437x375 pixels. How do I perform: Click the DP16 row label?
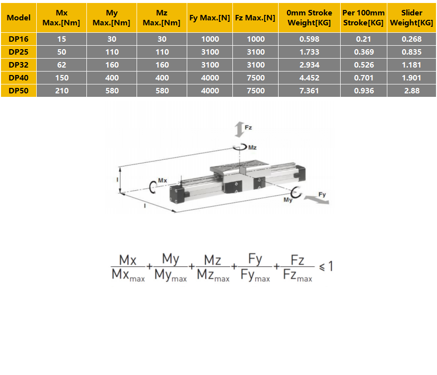[19, 39]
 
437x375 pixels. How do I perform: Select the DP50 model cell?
[19, 91]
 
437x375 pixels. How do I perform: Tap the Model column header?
[19, 17]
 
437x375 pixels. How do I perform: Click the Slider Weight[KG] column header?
[411, 17]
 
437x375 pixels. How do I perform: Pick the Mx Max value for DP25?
[62, 52]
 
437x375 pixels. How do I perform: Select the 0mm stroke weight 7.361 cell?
[309, 91]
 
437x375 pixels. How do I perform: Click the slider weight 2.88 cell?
[411, 91]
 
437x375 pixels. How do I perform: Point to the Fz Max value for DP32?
[255, 65]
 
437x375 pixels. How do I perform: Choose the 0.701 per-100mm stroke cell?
[364, 78]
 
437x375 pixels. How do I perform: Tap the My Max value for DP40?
[112, 78]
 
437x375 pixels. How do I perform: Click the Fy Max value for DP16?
[210, 39]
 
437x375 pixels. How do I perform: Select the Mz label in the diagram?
[252, 148]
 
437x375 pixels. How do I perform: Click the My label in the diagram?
[288, 199]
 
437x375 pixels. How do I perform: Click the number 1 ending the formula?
[331, 266]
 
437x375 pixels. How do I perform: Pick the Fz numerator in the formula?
[297, 259]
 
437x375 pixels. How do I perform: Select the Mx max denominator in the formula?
[128, 275]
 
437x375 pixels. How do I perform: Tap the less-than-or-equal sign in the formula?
[322, 267]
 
